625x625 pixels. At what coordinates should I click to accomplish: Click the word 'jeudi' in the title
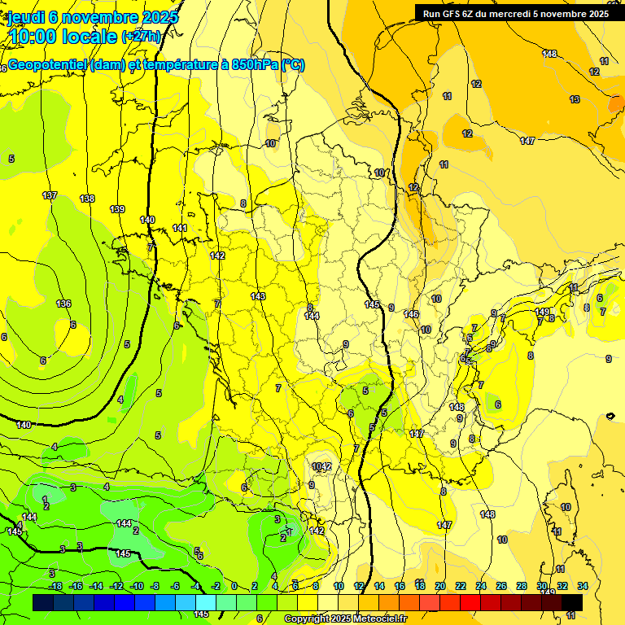pos(25,17)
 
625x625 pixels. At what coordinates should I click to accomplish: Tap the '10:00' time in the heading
pos(34,37)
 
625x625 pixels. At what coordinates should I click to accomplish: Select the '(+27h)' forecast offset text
pos(140,37)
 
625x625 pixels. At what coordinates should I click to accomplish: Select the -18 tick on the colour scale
pos(55,586)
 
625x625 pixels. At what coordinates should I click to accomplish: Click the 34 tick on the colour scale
pos(583,586)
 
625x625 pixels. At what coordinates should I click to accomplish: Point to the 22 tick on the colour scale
pos(461,586)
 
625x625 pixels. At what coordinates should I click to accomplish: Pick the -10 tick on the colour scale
pos(137,586)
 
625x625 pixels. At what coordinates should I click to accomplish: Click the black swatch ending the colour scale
pos(571,602)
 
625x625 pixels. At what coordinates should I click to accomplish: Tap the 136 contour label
pos(63,304)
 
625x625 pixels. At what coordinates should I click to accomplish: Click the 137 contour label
pos(50,195)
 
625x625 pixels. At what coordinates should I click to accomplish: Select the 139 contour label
pos(117,209)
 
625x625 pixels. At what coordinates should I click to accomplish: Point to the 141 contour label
pos(180,228)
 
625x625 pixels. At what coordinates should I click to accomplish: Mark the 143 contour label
pos(258,296)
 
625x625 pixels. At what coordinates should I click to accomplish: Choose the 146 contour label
pos(411,314)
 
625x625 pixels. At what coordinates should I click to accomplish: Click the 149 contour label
pos(542,312)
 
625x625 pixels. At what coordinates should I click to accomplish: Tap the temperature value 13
pos(575,99)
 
